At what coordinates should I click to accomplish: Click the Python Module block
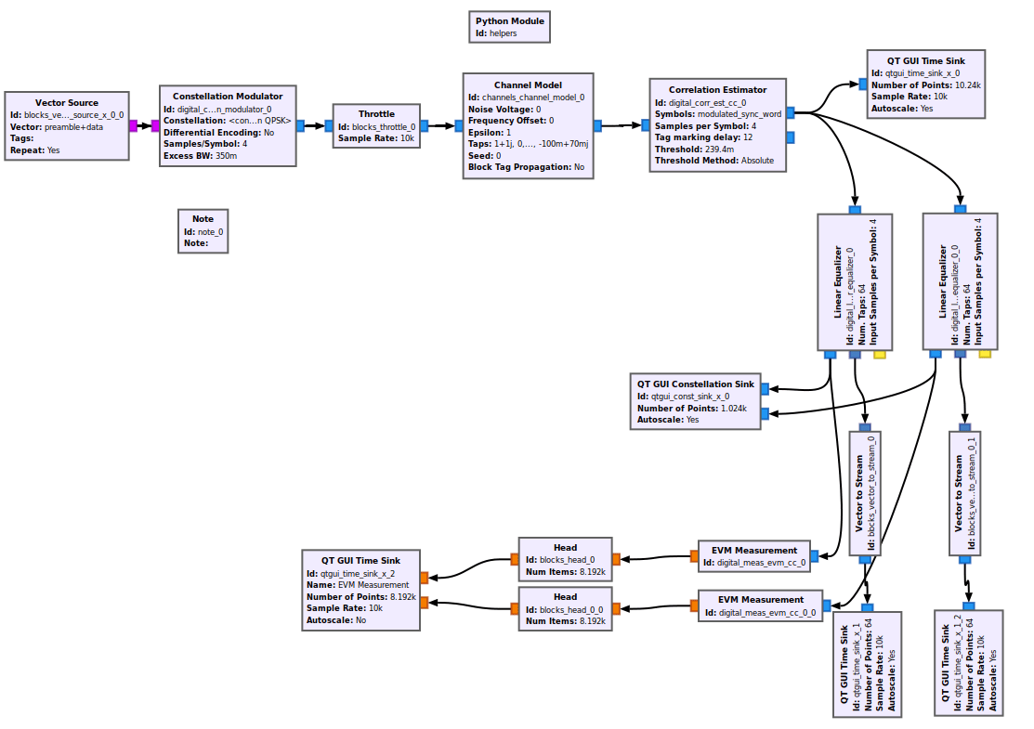click(509, 27)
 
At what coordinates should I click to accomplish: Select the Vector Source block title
click(67, 102)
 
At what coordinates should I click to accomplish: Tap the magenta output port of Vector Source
click(134, 125)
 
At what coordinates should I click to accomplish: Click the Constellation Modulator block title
click(228, 96)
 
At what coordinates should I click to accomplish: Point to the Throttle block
click(376, 126)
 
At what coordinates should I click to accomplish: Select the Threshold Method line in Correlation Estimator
click(713, 161)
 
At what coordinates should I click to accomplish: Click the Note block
click(203, 230)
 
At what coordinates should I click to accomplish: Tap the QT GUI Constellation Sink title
click(695, 384)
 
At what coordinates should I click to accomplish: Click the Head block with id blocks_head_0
click(565, 560)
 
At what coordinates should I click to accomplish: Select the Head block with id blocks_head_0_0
click(565, 608)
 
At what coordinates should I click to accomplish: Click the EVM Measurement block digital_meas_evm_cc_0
click(753, 555)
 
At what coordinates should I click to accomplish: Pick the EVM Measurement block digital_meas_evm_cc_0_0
click(759, 605)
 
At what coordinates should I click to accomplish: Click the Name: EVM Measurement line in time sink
click(358, 585)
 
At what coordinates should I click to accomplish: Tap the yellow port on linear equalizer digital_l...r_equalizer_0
click(880, 354)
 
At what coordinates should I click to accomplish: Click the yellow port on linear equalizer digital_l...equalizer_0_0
click(985, 354)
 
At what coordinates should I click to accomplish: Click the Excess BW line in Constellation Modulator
click(200, 155)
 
